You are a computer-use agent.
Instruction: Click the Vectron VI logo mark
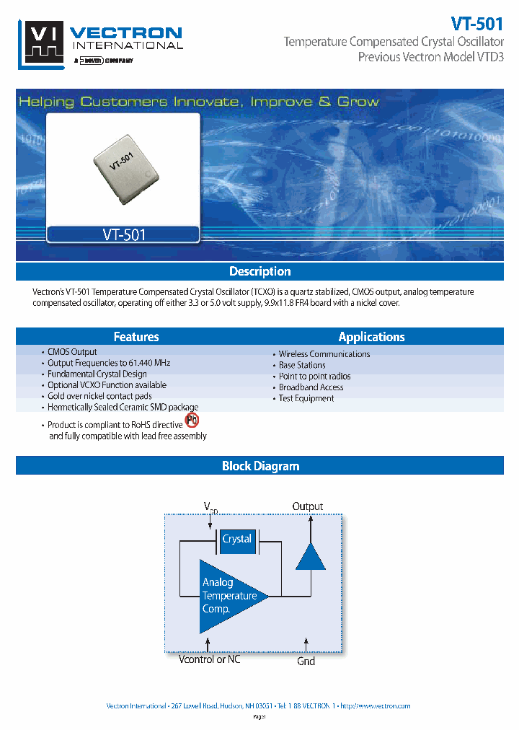point(43,43)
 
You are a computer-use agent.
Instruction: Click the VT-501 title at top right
point(476,22)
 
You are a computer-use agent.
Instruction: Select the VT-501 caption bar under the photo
point(123,234)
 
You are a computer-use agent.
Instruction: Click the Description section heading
point(259,271)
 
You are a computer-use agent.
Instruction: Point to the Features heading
point(136,337)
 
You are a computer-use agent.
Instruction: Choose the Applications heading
point(371,337)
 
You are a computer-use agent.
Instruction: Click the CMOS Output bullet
point(72,352)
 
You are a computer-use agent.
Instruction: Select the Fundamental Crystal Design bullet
point(97,374)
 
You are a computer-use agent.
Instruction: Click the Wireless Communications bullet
point(324,354)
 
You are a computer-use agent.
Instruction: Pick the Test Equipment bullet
point(306,398)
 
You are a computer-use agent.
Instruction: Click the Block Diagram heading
point(259,466)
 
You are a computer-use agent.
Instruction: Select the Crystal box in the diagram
point(236,540)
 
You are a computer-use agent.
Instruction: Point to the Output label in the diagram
point(308,506)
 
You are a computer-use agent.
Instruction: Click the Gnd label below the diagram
point(306,661)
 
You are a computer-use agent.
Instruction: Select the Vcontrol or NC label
point(209,659)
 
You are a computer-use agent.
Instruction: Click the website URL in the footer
point(375,705)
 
